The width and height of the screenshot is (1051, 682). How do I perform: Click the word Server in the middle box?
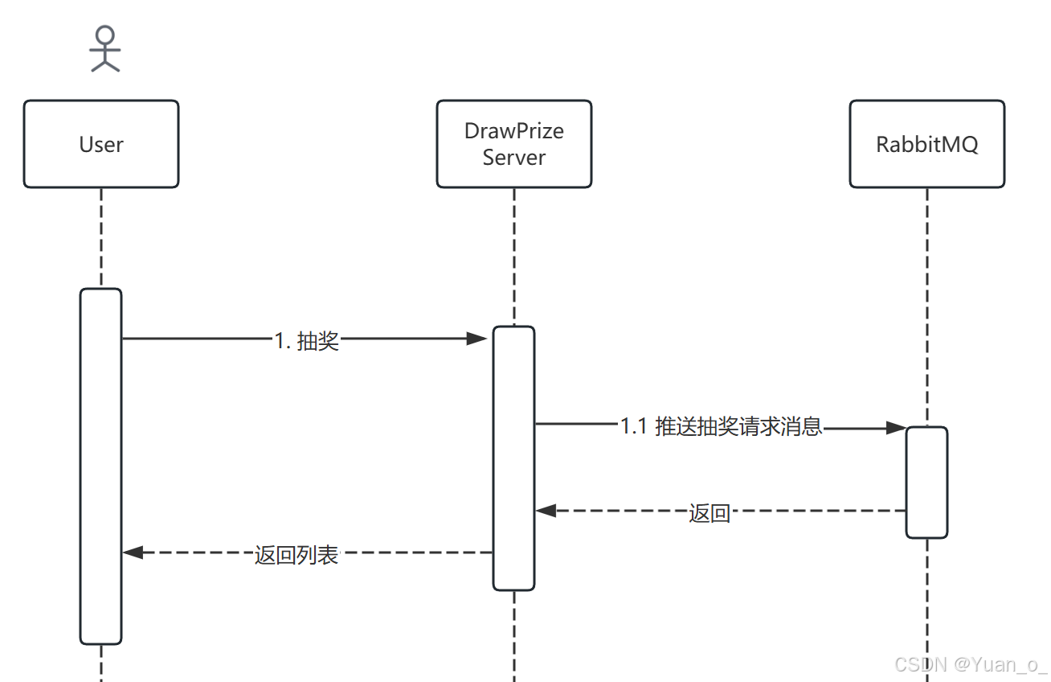tap(514, 158)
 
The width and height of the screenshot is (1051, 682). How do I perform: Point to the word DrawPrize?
tap(514, 131)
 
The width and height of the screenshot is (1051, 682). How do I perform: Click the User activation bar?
tap(100, 466)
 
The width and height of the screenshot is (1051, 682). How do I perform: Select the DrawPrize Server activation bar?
tap(513, 458)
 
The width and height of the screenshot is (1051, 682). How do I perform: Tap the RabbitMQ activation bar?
tap(926, 483)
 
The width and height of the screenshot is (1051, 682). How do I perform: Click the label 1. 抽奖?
tap(307, 341)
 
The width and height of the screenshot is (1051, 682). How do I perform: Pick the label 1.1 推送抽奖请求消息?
tap(722, 427)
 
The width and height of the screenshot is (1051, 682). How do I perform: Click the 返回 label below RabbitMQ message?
tap(710, 513)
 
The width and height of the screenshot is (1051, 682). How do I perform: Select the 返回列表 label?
tap(296, 555)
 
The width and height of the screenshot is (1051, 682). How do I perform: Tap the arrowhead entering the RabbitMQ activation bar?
tap(896, 429)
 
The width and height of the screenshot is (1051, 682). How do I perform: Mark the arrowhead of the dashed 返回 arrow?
tap(546, 510)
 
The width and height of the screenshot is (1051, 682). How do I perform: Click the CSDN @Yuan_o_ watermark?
tap(971, 664)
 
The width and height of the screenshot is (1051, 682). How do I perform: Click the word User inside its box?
tap(101, 145)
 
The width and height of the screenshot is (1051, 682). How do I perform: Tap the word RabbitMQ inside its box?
tap(926, 145)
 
